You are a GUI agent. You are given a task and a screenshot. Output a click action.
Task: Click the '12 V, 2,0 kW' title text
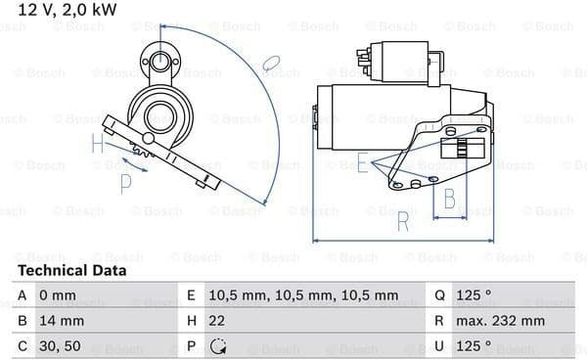click(68, 10)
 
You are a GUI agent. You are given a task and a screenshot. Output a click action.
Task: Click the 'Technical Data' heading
click(71, 271)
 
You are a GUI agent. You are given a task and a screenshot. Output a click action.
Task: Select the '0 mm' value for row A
click(58, 295)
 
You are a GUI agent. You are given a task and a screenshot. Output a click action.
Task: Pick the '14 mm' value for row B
click(62, 321)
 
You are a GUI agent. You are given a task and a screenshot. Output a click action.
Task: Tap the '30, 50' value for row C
click(60, 346)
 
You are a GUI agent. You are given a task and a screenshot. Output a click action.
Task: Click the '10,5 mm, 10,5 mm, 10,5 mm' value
click(303, 296)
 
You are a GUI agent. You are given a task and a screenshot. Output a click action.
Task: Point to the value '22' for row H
click(217, 321)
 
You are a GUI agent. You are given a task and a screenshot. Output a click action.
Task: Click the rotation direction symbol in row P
click(218, 346)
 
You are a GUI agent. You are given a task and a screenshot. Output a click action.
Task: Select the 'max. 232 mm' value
click(500, 321)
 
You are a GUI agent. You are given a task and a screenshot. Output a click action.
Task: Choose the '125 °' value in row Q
click(474, 295)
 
